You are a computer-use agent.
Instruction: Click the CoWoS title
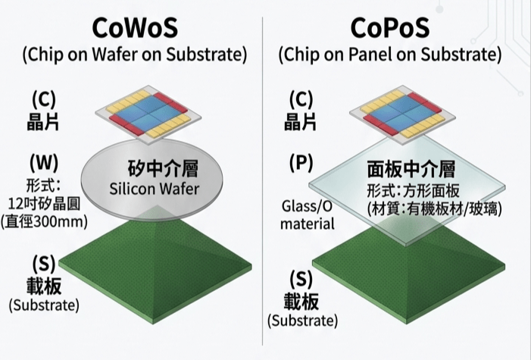[x=135, y=28]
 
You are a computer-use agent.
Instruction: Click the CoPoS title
[x=390, y=28]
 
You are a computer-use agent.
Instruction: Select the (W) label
[x=44, y=163]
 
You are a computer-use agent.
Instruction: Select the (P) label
[x=301, y=163]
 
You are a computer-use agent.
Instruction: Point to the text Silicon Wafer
[x=154, y=189]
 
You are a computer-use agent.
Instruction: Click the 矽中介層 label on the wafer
[x=163, y=168]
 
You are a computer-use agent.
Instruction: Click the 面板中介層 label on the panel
[x=411, y=169]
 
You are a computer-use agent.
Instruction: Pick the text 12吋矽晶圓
[x=44, y=204]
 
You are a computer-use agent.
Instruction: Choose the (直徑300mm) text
[x=44, y=222]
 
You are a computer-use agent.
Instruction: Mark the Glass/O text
[x=307, y=206]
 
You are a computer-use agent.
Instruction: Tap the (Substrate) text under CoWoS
[x=44, y=305]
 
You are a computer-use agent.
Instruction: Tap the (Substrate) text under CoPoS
[x=303, y=321]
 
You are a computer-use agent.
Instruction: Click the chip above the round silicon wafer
[x=148, y=115]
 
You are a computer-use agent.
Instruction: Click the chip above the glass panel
[x=402, y=115]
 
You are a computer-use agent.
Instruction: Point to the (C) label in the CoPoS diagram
[x=301, y=99]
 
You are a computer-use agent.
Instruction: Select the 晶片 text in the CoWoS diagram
[x=42, y=122]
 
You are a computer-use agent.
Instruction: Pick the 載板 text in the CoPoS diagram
[x=301, y=302]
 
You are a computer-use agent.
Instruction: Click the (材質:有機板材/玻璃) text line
[x=435, y=209]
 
